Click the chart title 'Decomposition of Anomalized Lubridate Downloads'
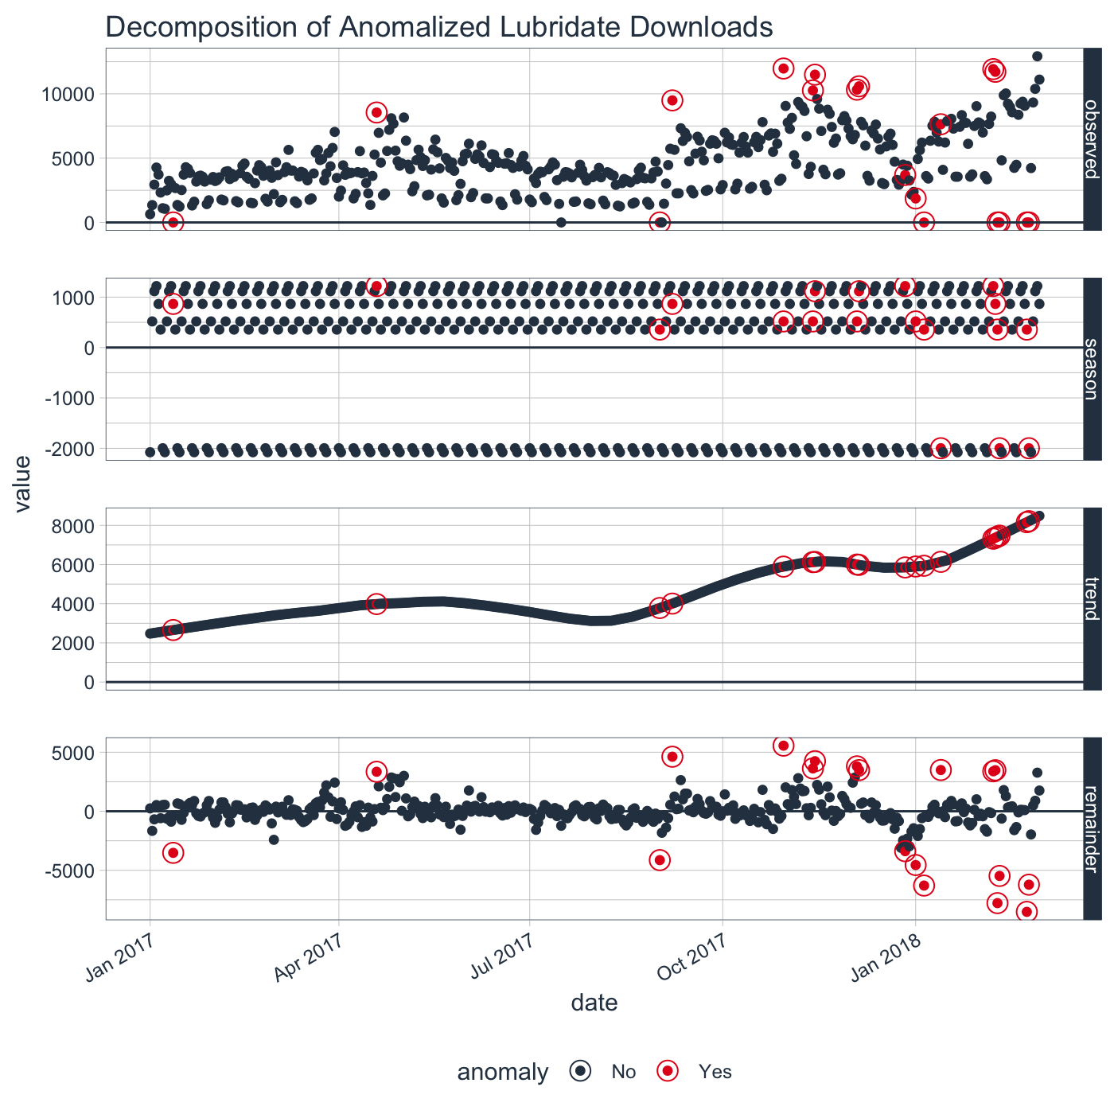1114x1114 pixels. pos(438,27)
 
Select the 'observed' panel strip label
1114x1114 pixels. pos(1093,139)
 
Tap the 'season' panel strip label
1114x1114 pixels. pos(1093,368)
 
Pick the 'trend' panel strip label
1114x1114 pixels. pos(1093,598)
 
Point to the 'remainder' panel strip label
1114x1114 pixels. pos(1093,828)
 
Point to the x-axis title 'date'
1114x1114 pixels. pos(594,1003)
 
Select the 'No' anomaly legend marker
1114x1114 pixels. pos(581,1072)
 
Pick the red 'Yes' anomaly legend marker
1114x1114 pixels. pos(668,1072)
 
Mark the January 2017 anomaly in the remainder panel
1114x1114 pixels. pos(173,852)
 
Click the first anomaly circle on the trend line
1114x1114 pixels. pos(173,629)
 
